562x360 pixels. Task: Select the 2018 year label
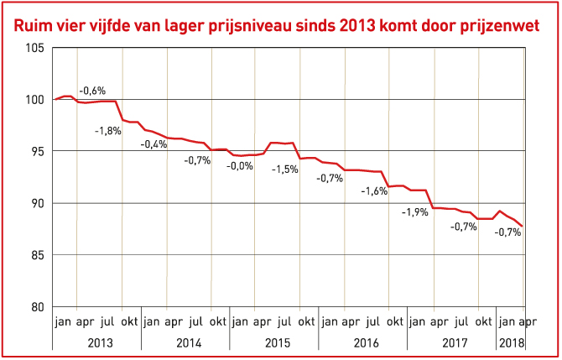point(511,342)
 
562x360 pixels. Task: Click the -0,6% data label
point(92,90)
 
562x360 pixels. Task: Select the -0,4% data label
point(153,144)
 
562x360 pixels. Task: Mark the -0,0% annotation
point(240,165)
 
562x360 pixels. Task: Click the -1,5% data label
point(285,169)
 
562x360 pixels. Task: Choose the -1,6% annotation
point(374,191)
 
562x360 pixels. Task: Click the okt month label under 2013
point(129,321)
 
